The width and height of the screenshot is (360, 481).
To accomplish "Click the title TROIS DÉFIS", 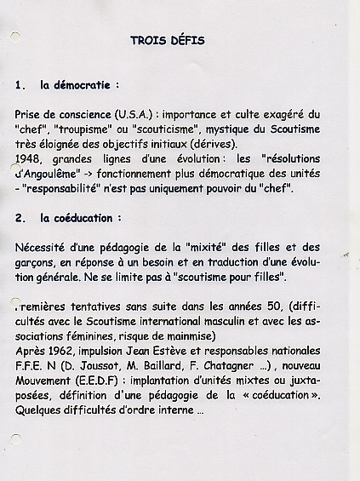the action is click(168, 40).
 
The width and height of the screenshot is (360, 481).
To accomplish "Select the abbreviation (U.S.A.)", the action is click(134, 113).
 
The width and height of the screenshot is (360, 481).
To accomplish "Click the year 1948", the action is click(27, 158).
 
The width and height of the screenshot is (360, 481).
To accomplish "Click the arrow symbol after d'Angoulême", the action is click(86, 173).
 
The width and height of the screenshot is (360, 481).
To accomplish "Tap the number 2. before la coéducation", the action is click(20, 218).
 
